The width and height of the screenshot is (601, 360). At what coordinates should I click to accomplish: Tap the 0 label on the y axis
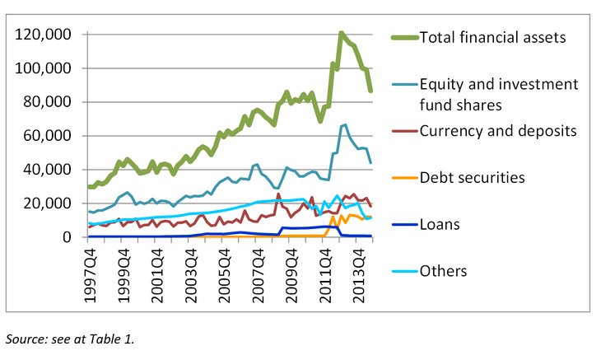coord(68,237)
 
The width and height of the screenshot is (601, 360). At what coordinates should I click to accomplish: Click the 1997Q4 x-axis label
coord(91,272)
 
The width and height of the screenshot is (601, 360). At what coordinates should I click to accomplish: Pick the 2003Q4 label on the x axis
coord(192,272)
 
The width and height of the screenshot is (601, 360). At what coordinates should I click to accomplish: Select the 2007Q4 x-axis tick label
coord(259,272)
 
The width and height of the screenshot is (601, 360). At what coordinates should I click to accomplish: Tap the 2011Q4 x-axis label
coord(327,272)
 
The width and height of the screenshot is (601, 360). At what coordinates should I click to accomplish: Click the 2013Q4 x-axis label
coord(361,272)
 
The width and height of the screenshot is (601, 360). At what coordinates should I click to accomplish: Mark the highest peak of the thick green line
coord(341,34)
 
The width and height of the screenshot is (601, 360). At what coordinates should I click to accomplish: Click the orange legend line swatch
coord(403,176)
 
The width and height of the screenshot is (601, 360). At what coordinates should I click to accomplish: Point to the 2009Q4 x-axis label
coord(293,272)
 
